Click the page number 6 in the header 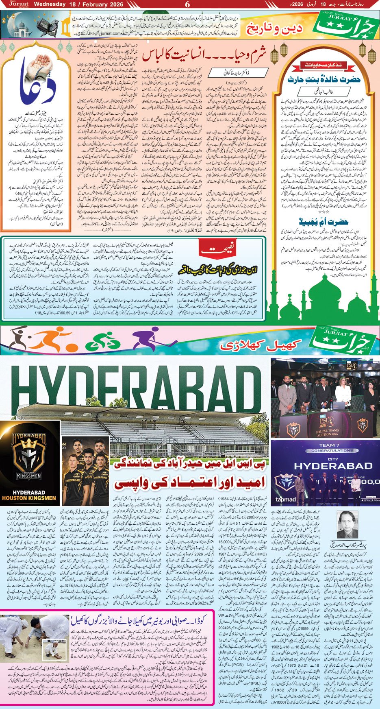[x=187, y=4]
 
